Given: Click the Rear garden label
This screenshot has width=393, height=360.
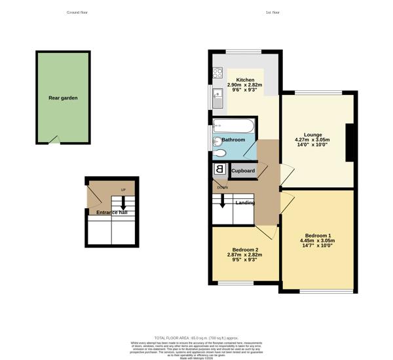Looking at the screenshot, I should [63, 98].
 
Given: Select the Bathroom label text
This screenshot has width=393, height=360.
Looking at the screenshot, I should [233, 140].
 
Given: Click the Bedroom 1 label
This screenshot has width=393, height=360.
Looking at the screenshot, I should [318, 236].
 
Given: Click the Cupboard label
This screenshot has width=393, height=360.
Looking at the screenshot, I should [242, 171].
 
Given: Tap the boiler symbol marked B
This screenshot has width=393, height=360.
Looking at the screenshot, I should [219, 170].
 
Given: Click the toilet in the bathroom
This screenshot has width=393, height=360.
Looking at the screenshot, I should [220, 154].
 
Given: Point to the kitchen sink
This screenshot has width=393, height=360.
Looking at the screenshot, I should [217, 99].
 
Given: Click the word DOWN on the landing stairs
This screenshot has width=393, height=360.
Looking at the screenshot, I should [223, 188].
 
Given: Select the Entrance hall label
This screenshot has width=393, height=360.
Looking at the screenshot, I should [111, 213].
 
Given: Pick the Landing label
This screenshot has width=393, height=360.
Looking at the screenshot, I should [245, 203].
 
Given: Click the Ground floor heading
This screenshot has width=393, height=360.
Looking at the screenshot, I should [77, 12].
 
